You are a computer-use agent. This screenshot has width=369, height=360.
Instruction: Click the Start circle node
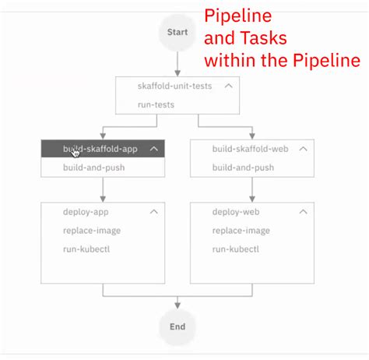[x=177, y=33]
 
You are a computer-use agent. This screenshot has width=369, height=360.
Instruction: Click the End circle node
[x=177, y=326]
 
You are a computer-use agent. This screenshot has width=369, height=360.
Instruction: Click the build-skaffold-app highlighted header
[x=101, y=149]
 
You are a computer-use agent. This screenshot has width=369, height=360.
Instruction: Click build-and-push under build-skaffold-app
[x=93, y=168]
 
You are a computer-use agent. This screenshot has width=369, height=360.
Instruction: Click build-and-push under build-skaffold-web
[x=243, y=168]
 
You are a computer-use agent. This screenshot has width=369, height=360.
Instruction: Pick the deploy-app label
[x=86, y=211]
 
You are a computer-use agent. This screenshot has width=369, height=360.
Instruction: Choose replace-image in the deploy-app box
[x=92, y=231]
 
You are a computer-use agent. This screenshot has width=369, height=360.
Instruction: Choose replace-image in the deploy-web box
[x=241, y=231]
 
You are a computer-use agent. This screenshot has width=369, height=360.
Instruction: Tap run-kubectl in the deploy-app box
[x=85, y=249]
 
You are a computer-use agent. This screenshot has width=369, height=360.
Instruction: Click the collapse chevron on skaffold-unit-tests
[x=228, y=86]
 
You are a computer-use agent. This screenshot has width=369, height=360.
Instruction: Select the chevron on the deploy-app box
[x=153, y=211]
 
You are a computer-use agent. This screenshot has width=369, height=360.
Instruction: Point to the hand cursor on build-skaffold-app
[x=76, y=151]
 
